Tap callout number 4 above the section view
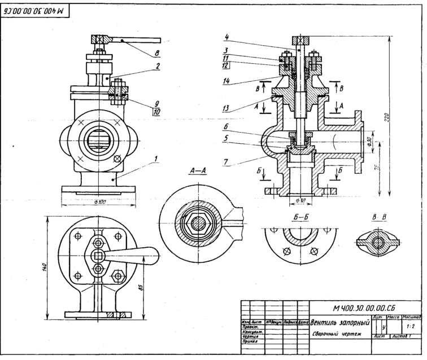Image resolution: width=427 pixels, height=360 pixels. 225,38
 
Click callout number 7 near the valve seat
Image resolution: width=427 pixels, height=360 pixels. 226,162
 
